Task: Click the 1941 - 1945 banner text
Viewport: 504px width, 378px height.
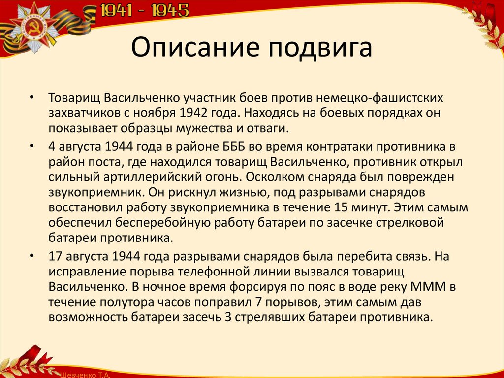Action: tap(145, 11)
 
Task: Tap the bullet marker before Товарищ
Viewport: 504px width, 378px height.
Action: tap(32, 98)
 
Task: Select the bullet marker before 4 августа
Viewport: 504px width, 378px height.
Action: tap(32, 147)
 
